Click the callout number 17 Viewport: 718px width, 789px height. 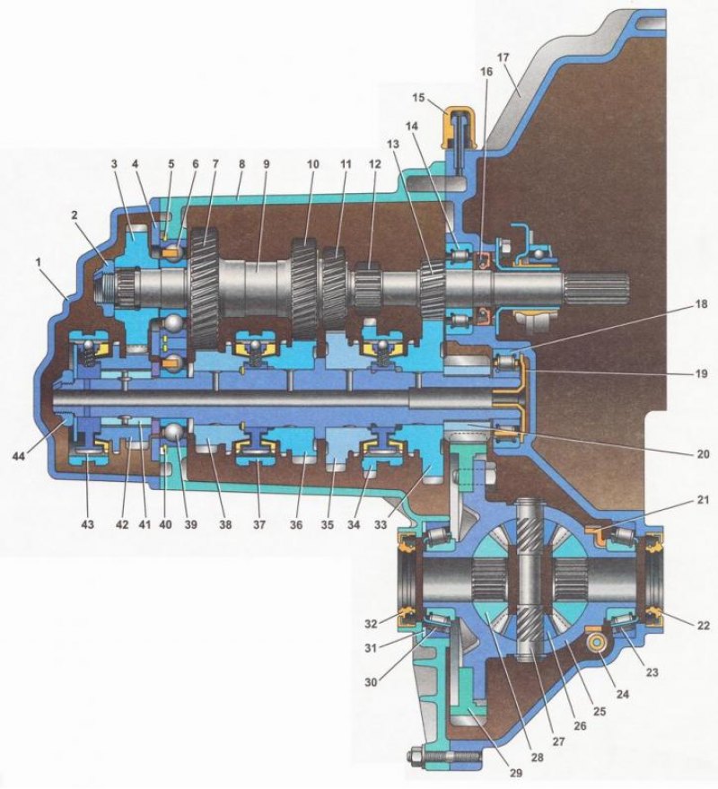pyautogui.click(x=503, y=57)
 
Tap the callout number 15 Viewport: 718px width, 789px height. pyautogui.click(x=418, y=97)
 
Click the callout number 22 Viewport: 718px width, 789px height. pyautogui.click(x=703, y=626)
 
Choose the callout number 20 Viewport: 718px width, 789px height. pyautogui.click(x=702, y=454)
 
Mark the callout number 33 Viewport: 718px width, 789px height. pyautogui.click(x=381, y=524)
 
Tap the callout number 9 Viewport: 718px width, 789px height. pyautogui.click(x=266, y=164)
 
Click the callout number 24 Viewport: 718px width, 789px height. pyautogui.click(x=622, y=693)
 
